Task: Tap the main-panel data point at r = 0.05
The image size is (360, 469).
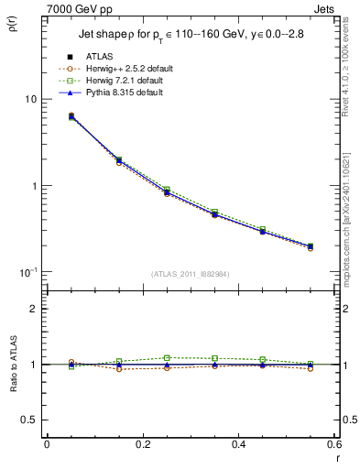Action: pos(71,116)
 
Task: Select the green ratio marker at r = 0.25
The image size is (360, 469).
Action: pos(167,357)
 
